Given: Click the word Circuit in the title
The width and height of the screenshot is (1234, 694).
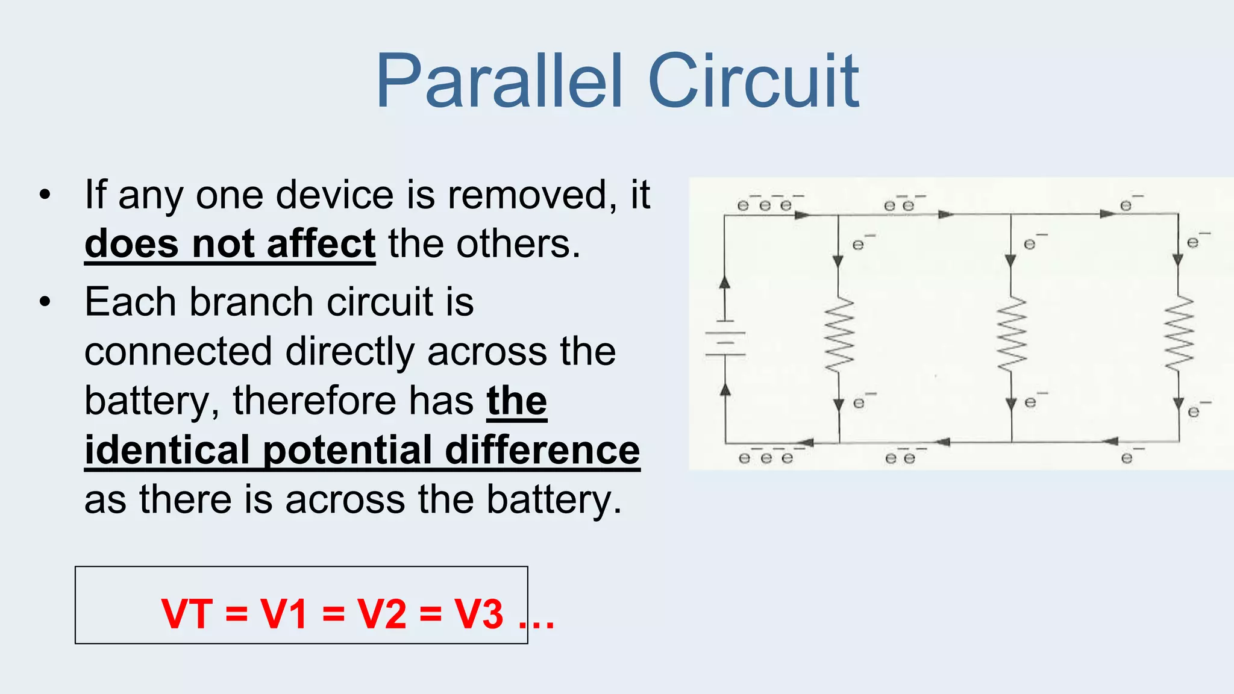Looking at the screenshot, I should pos(753,82).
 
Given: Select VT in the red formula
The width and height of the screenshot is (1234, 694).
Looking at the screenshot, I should pos(187,614).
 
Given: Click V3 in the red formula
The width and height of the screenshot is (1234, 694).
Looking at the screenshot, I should pos(479,614).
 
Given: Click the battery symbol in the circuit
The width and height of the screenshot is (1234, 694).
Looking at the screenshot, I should pos(725,343).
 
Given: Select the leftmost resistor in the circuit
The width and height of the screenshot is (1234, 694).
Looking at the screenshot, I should pos(839,335).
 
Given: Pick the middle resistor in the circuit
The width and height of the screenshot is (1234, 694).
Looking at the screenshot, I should pos(1012,335).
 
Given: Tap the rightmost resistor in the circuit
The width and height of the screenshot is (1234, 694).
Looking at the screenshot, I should pos(1179,334).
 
